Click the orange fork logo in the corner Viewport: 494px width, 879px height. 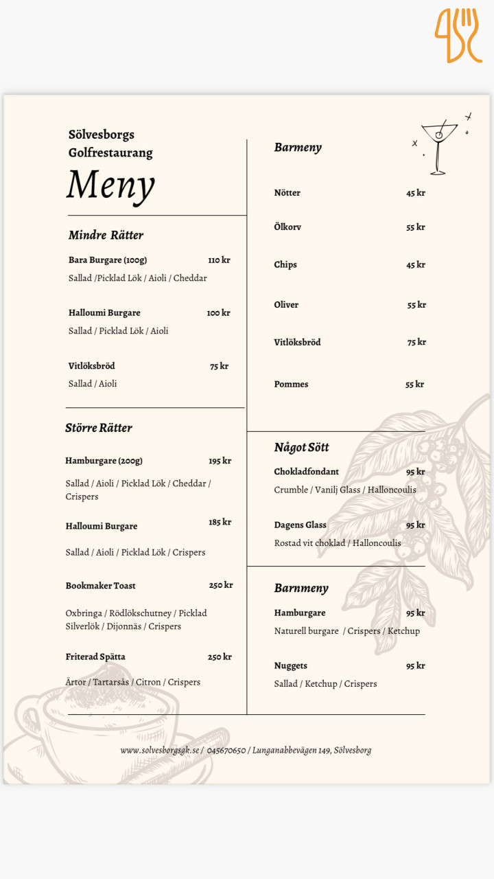point(458,35)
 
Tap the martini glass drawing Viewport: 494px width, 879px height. point(438,146)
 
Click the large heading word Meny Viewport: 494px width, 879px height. point(110,185)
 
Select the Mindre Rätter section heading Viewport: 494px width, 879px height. point(106,235)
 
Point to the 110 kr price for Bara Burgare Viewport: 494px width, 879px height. point(219,260)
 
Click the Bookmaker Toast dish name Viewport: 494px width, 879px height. point(100,586)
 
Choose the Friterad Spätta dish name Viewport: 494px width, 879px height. point(95,657)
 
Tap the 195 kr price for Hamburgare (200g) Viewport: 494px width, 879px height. point(220,461)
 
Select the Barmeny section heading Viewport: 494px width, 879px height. point(298,147)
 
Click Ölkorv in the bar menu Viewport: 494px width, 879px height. point(287,227)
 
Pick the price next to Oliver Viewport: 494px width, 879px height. point(416,305)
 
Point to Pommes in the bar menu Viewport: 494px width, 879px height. point(291,384)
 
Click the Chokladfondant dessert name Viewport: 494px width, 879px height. point(306,472)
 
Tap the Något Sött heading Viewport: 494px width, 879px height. point(301,447)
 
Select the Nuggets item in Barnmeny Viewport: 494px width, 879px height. point(290,665)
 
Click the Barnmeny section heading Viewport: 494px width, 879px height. point(301,588)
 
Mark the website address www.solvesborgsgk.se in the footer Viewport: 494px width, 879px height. point(160,751)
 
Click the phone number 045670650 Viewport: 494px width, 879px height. point(226,751)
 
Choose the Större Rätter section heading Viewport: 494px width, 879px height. point(99,428)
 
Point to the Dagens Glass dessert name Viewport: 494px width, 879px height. point(300,525)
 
